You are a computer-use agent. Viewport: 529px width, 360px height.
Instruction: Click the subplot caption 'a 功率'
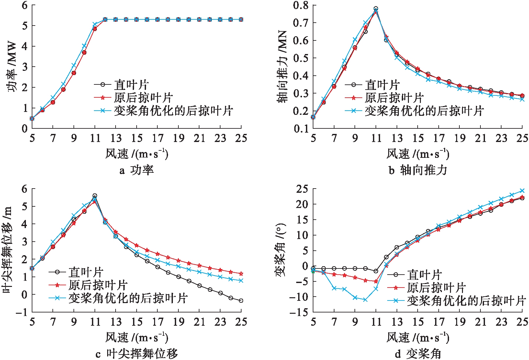pos(136,170)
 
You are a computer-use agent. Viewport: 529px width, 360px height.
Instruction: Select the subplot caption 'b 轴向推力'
pos(418,170)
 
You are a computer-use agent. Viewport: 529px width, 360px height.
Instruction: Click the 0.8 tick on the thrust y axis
pos(300,5)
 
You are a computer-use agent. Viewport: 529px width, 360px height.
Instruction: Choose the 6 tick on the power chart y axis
pos(25,5)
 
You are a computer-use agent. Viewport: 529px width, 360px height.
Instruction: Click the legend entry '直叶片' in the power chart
pos(131,85)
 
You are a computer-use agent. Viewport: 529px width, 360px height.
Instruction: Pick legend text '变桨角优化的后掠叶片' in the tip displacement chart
pos(128,298)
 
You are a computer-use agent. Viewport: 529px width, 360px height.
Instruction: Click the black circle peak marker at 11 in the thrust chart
pos(376,9)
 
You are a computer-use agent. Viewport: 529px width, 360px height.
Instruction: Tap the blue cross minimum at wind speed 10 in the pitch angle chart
pos(365,300)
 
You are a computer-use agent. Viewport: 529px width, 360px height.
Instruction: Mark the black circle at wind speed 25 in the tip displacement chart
pos(241,300)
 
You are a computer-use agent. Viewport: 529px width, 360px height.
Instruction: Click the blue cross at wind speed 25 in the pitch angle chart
pos(522,191)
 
